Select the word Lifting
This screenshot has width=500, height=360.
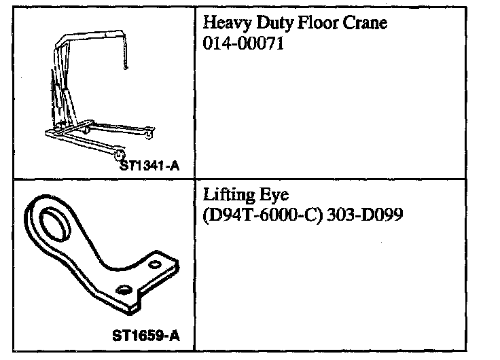228,196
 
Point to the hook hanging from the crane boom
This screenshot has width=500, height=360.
124,66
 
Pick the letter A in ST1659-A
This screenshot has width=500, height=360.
175,334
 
